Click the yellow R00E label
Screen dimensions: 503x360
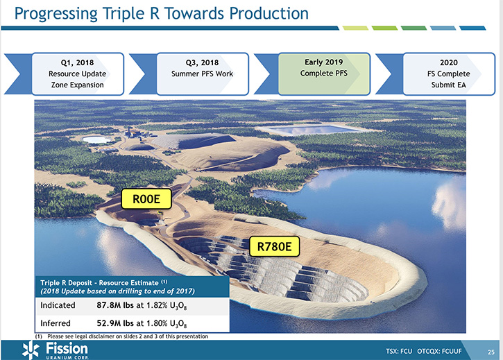pos(146,199)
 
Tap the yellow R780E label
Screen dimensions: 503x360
pos(274,246)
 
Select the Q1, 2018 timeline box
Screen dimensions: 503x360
pos(78,74)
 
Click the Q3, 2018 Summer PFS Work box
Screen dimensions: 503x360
pos(203,74)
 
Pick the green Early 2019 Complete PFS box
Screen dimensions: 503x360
pos(324,74)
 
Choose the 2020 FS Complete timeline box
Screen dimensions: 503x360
pos(449,74)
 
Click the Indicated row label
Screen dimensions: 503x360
pos(58,305)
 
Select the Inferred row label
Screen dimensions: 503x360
pos(56,323)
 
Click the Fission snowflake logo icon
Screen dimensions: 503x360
pos(31,350)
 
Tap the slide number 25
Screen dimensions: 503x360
pos(491,352)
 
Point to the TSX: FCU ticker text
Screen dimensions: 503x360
pos(399,352)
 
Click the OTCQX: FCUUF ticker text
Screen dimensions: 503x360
pos(439,352)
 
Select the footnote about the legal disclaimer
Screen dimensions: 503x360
pos(121,336)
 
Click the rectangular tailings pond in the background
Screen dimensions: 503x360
pos(309,130)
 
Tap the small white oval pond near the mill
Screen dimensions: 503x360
pos(96,139)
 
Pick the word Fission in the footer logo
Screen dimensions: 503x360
pos(67,348)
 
